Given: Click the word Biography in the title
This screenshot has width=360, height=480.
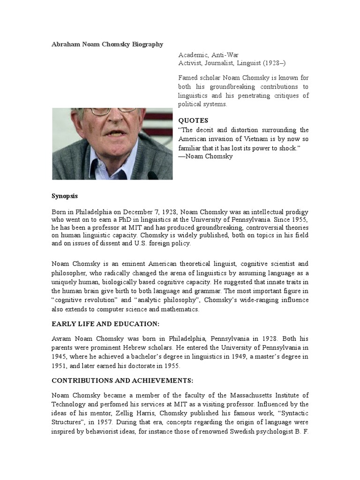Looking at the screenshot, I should point(146,45).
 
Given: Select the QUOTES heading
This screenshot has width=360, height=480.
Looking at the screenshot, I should point(193,120).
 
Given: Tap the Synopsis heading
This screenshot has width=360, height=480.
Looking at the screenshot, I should point(65,196).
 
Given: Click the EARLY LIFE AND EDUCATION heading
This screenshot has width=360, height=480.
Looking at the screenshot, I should point(105,324).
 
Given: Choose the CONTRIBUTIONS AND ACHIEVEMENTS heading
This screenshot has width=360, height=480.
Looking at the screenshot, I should point(122,381).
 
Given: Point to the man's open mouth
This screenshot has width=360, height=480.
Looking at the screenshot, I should point(115,134).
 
